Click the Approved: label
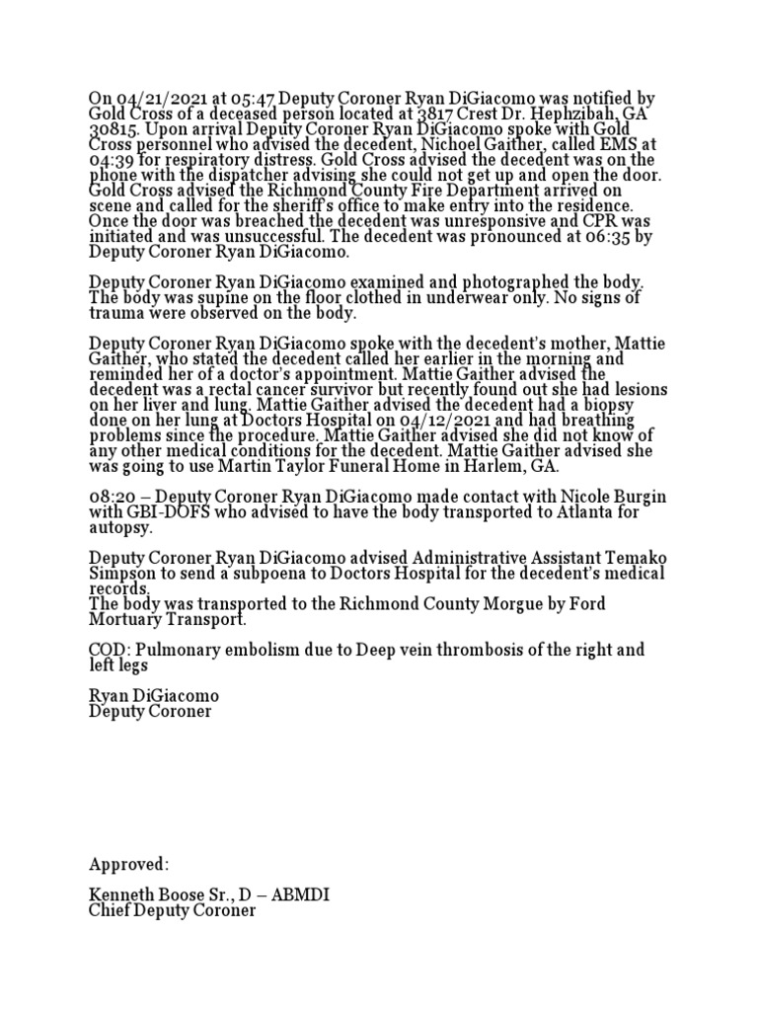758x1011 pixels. click(x=129, y=865)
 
